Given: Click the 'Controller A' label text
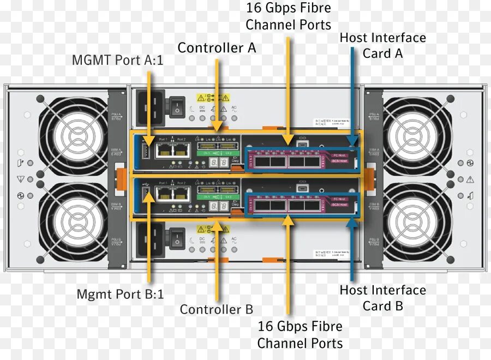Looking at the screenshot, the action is (217, 48).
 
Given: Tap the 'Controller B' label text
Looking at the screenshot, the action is (217, 309).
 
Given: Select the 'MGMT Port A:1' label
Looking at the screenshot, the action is (117, 60).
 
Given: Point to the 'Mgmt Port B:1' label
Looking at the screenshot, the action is (120, 295).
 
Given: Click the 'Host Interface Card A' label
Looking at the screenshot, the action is (382, 46).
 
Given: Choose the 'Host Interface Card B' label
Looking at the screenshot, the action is (382, 298).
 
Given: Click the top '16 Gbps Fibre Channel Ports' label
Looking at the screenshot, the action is (288, 16).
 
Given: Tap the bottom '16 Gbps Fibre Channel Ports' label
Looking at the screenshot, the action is (300, 334).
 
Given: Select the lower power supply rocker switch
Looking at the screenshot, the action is (177, 238).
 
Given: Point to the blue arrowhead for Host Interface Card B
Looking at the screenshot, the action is (352, 222).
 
